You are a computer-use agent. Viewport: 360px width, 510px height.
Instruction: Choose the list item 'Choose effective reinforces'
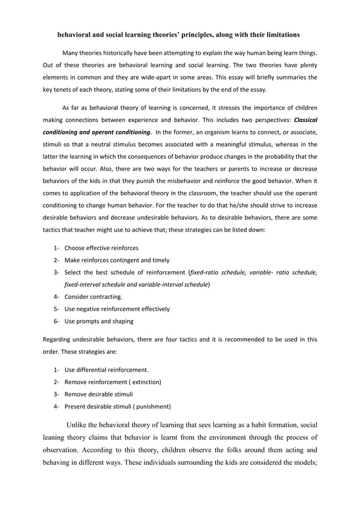tap(101, 248)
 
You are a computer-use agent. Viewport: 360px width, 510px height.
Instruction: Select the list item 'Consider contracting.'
tap(93, 297)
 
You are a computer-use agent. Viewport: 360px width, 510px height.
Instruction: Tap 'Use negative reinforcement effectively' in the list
tap(117, 310)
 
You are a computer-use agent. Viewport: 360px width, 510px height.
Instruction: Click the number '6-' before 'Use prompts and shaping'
tap(57, 321)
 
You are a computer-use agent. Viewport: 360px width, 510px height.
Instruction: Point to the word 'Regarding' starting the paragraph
tap(58, 339)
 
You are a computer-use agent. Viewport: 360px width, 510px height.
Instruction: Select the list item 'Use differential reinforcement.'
tap(107, 370)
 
